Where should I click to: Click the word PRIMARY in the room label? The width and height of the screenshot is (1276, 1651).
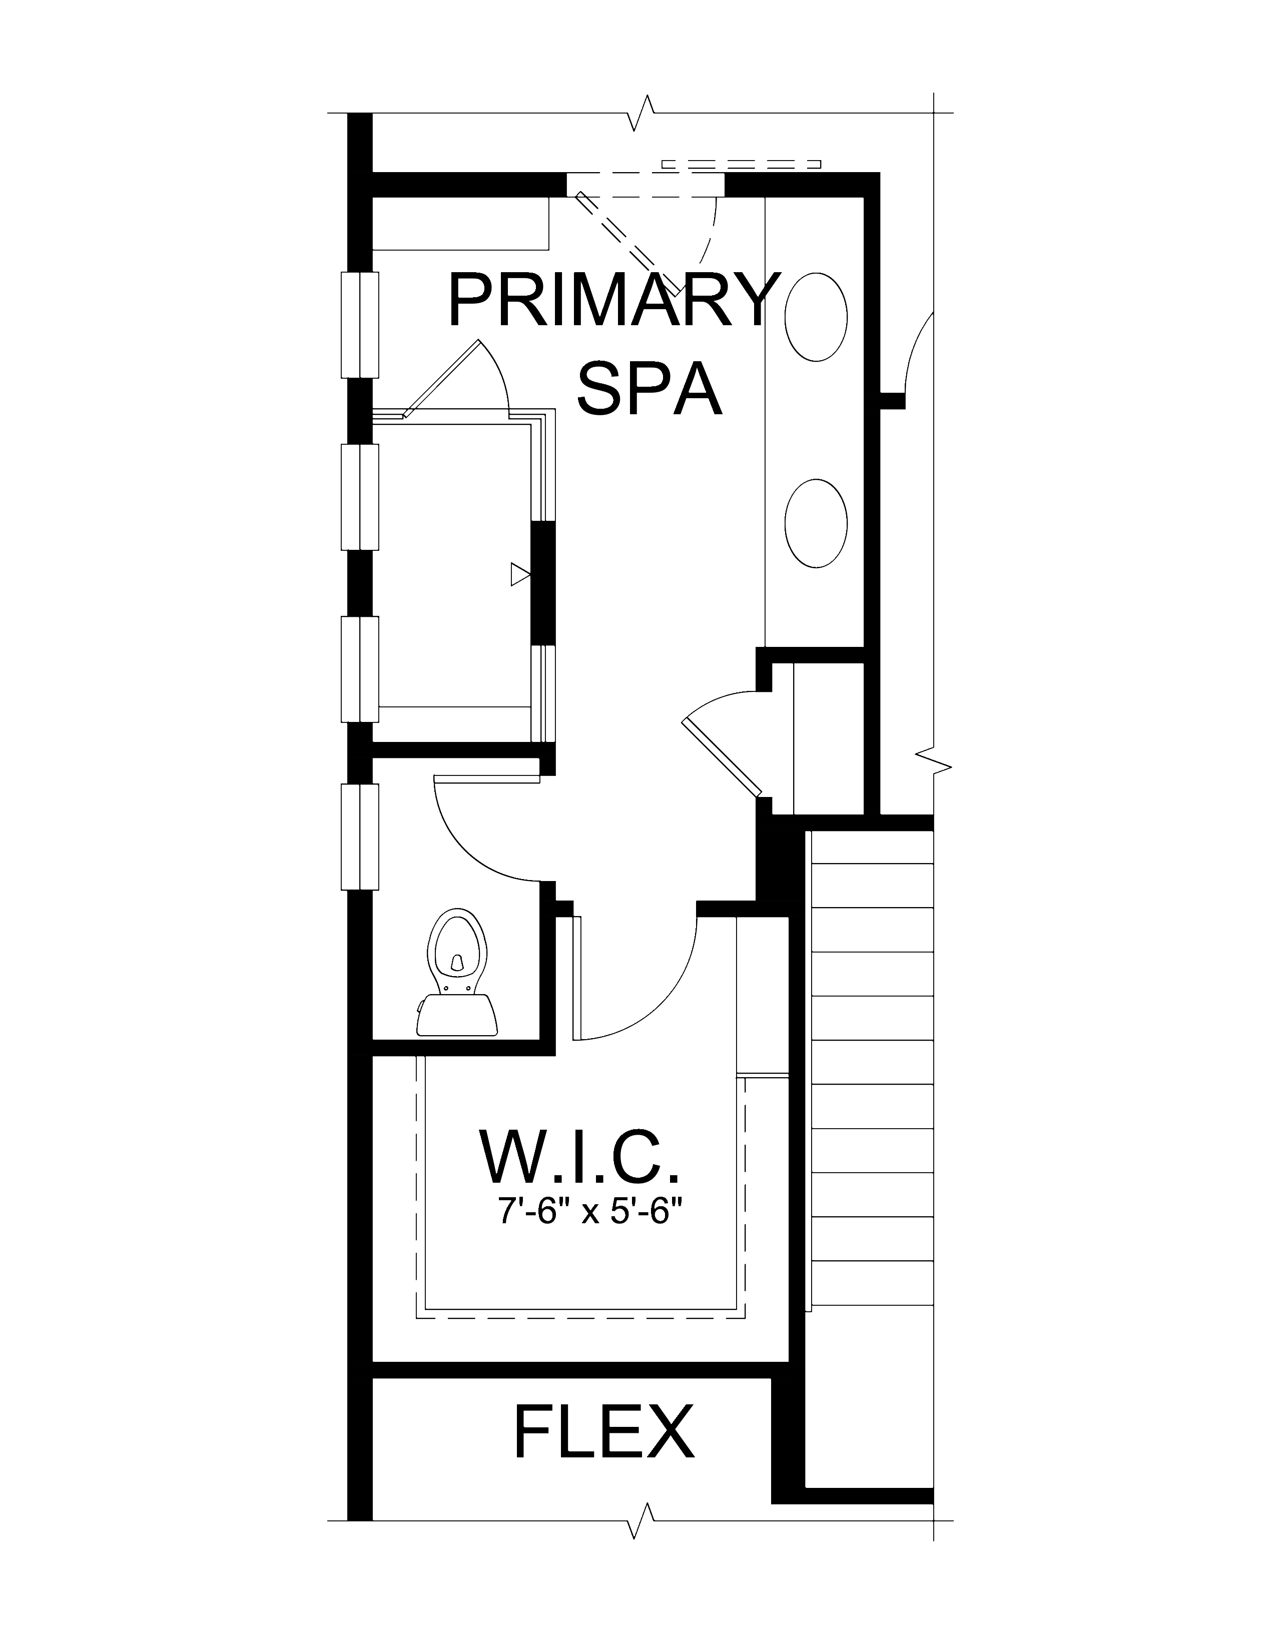coord(612,300)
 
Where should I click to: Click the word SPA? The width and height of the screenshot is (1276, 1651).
coord(649,389)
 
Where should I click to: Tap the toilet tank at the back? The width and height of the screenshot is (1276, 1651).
coord(456,1015)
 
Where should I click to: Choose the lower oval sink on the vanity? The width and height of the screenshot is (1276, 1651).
coord(816,523)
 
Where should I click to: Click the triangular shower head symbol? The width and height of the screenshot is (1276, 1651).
coord(519,574)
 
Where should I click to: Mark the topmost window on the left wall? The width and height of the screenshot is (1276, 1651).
coord(359,324)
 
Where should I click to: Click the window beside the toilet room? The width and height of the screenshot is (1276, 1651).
coord(359,837)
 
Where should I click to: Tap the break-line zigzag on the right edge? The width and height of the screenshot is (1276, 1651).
coord(934,760)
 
